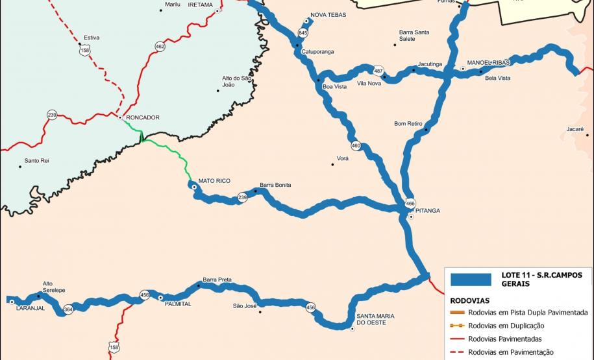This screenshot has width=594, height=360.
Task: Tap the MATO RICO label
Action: coord(214,181)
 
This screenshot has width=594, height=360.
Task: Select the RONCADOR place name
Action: coord(143,117)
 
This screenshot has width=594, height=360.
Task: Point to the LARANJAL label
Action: coord(30,308)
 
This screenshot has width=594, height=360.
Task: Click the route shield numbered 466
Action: coord(410,204)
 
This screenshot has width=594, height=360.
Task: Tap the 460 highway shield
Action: coord(356,145)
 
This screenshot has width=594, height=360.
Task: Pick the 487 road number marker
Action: coord(378,71)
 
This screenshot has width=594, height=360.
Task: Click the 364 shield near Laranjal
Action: coord(68,310)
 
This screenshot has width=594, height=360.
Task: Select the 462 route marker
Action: coord(160,46)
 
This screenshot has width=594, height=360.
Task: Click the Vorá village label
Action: coord(343,158)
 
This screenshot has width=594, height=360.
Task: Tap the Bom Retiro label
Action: coord(408,123)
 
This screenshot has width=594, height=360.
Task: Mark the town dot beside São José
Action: coord(260,312)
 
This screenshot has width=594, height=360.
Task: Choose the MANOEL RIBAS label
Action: coord(484,62)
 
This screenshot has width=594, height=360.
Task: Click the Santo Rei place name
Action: coord(36,160)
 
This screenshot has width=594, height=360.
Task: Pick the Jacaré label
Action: coord(575,129)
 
